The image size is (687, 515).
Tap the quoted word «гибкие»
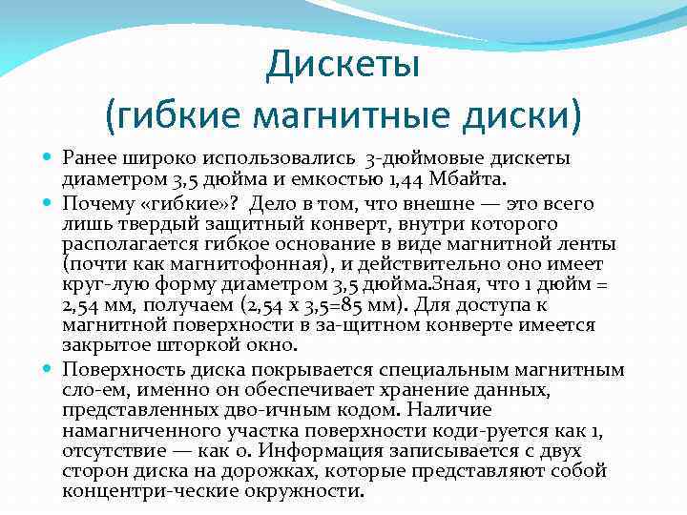[x=189, y=203]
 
